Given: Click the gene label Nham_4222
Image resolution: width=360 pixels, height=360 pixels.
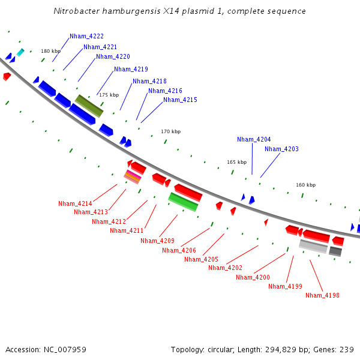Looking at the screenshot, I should coord(86,36).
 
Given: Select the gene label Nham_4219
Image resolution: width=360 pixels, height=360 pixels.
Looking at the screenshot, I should coord(131,69).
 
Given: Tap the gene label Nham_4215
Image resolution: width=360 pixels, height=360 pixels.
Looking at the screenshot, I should coord(180,100).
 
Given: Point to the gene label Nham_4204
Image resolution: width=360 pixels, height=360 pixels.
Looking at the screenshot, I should coord(254,139).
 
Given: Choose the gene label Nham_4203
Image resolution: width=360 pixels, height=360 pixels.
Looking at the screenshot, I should coord(281,149).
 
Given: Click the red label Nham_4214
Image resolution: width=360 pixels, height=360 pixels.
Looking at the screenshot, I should coord(75,203).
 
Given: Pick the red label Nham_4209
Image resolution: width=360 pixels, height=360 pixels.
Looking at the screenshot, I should coord(157,241).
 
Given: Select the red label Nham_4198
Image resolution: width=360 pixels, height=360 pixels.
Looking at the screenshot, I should coord(322,295).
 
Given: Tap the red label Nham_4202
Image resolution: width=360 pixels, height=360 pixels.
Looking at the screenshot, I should coord(225,268).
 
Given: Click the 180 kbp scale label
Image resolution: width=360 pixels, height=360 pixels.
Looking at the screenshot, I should coord(50,51).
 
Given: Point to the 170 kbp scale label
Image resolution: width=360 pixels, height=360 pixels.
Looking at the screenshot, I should coord(170,131).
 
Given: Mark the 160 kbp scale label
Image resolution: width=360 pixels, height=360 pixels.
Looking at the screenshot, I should coord(305,185).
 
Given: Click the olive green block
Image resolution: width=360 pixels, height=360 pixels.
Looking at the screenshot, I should coord(89,106).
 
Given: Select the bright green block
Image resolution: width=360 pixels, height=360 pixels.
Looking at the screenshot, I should coord(183,202).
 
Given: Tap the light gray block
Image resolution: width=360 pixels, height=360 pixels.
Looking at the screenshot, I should coord(313,246).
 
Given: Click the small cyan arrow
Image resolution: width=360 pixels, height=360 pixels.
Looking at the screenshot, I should coord(20,52).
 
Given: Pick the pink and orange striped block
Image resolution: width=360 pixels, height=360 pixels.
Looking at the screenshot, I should coord(133,176).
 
